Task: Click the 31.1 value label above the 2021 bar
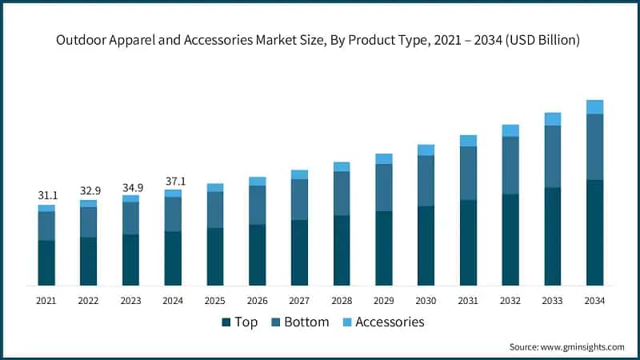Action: click(x=46, y=195)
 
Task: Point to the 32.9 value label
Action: click(x=88, y=191)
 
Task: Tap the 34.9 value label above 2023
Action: click(x=130, y=187)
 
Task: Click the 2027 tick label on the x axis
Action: click(x=299, y=301)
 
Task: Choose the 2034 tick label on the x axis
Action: click(x=594, y=301)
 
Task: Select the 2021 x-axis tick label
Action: click(x=46, y=301)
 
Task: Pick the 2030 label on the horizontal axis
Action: click(x=426, y=301)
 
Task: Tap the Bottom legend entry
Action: click(x=300, y=322)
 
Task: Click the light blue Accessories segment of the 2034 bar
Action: click(x=594, y=107)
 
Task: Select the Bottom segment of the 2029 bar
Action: click(x=384, y=187)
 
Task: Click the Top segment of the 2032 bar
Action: click(x=510, y=239)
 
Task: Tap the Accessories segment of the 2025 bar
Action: click(x=215, y=187)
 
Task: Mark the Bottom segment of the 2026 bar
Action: click(x=257, y=205)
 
